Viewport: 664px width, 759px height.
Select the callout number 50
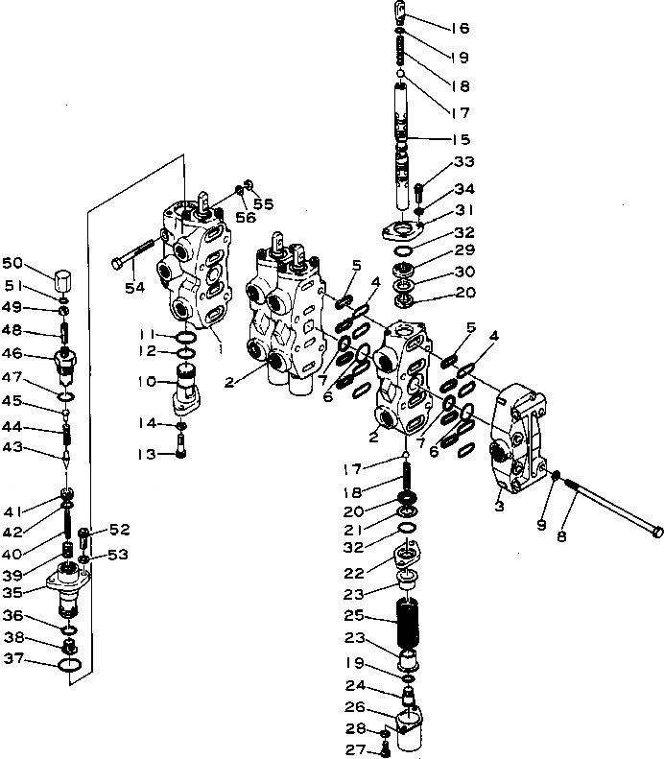pos(12,263)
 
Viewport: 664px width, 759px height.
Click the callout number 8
pos(561,536)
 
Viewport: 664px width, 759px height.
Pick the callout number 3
pos(499,503)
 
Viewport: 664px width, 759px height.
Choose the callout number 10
pos(148,381)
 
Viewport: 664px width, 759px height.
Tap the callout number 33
pos(463,160)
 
